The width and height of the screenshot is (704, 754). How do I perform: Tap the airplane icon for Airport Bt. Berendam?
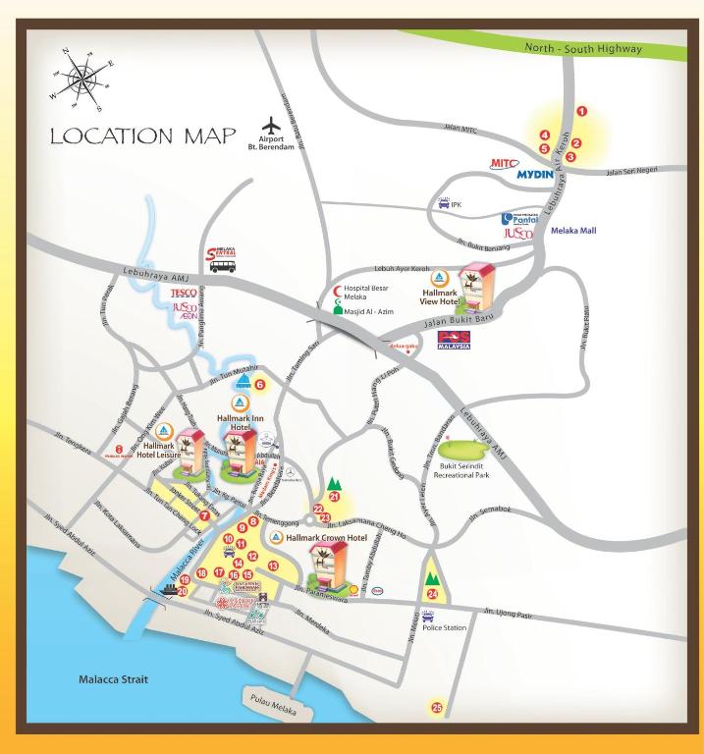(x=272, y=127)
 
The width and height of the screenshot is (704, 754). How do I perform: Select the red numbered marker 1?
(x=581, y=113)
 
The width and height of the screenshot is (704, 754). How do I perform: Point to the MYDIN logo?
(x=543, y=177)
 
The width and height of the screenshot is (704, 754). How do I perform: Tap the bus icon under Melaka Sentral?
(x=223, y=266)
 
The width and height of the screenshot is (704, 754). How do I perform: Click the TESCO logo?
(x=185, y=293)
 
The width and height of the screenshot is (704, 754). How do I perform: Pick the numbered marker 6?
(x=260, y=385)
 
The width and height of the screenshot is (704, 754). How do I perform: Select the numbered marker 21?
(x=334, y=497)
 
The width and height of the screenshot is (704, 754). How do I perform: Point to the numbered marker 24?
(x=432, y=594)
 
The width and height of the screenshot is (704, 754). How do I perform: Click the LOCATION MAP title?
(x=142, y=135)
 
